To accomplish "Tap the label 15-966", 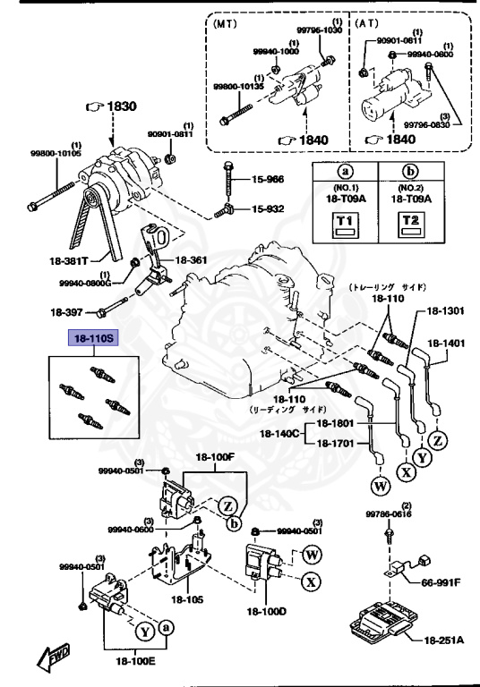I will (267, 179).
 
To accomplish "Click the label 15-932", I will (267, 209).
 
